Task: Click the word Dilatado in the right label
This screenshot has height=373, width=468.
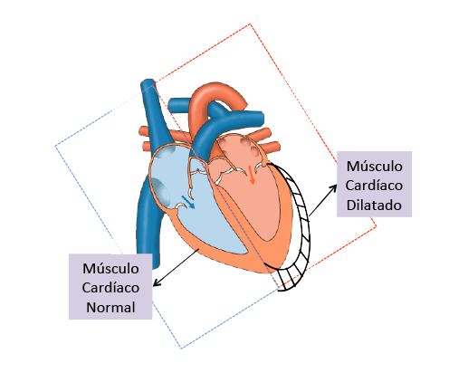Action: pos(374,206)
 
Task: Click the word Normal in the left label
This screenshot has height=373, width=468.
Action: pos(110,308)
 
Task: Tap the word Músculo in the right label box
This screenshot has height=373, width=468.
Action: pos(374,167)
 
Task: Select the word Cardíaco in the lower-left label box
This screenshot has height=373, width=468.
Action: pos(110,288)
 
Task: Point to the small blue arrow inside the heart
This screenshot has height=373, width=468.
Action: pos(188,202)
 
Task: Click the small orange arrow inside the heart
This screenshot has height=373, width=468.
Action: pos(252,175)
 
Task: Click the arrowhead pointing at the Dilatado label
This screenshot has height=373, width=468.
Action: pos(333,189)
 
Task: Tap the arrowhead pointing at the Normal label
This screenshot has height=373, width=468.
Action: pos(157,282)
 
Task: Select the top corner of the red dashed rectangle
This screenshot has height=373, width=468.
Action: pos(250,24)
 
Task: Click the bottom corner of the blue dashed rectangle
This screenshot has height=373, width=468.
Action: pos(182,349)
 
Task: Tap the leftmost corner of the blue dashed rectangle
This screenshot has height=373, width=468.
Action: pos(55,146)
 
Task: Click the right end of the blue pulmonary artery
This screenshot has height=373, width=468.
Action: pos(262,119)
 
